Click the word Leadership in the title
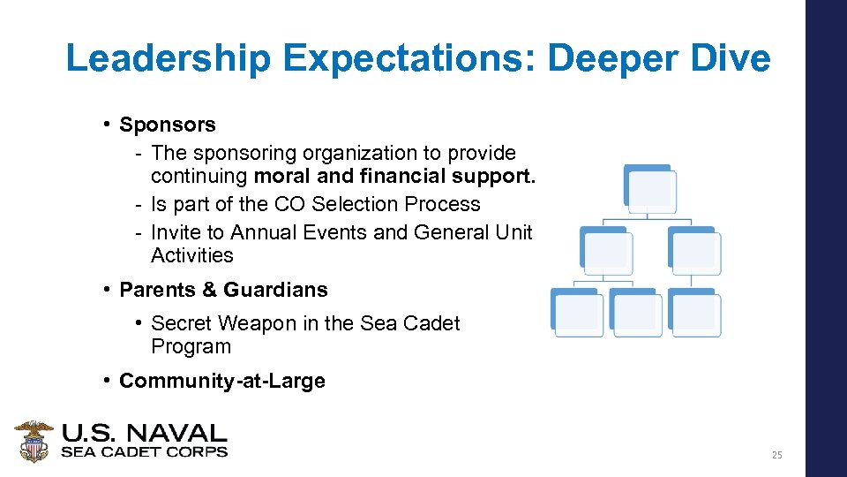(x=169, y=59)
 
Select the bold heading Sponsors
(x=167, y=125)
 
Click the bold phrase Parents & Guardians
(x=223, y=290)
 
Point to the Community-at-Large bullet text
(x=222, y=381)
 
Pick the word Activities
(x=191, y=255)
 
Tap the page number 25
(x=776, y=455)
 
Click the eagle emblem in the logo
(x=34, y=441)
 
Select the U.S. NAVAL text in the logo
(x=144, y=433)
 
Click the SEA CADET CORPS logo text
(x=144, y=451)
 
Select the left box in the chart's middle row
(x=605, y=250)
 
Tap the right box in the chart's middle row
(x=694, y=250)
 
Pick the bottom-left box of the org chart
(x=577, y=313)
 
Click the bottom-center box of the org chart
(x=636, y=313)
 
